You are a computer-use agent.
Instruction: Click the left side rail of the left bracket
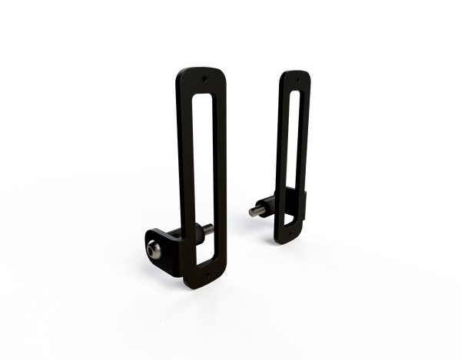(x=188, y=169)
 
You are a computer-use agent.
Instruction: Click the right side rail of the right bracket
(x=306, y=146)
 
